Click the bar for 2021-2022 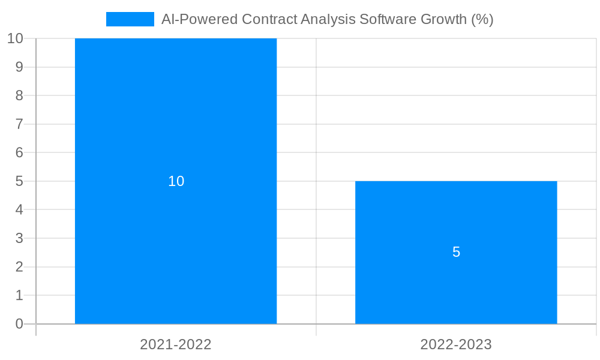coord(176,120)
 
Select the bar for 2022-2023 coord(456,282)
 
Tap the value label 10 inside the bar coord(176,181)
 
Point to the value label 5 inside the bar coord(456,252)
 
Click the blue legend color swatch coord(130,19)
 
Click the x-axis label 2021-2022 coord(176,344)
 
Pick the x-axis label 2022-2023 coord(456,344)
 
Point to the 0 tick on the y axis coord(19,324)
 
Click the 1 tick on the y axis coord(19,295)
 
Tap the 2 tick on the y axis coord(19,267)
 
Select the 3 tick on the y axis coord(19,238)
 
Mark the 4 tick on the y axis coord(19,210)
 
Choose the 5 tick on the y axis coord(19,181)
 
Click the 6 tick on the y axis coord(19,152)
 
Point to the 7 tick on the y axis coord(19,124)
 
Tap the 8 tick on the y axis coord(19,95)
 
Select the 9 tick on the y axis coord(19,67)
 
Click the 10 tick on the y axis coord(15,38)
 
